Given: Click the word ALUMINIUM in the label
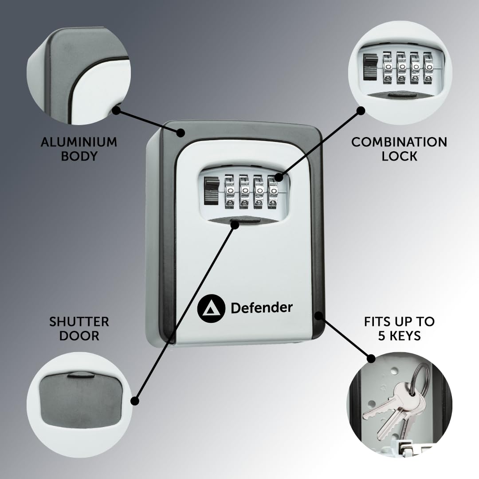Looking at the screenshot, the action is [79, 142].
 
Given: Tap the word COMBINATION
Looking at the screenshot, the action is [399, 142].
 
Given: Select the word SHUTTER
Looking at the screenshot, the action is [79, 322].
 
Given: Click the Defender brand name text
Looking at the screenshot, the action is [262, 308].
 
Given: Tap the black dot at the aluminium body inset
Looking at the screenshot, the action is [116, 110].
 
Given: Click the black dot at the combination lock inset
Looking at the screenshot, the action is [361, 110].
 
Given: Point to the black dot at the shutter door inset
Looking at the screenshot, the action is [135, 401].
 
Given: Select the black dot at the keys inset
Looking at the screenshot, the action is [371, 359].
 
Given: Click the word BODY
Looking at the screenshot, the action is [79, 156].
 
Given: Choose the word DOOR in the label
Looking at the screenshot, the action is [79, 336].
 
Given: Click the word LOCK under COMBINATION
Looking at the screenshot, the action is [399, 156].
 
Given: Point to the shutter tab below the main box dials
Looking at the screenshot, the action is [245, 221].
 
